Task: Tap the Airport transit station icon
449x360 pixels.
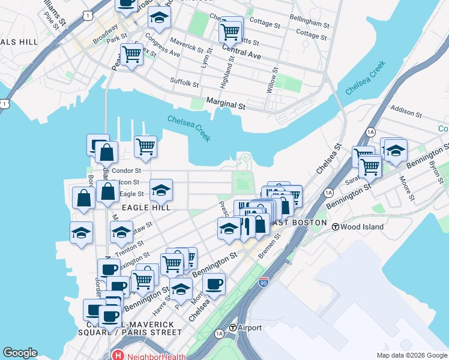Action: coord(233,328)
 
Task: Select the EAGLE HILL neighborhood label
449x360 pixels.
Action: coord(147,208)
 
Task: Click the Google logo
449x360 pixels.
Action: coord(20,353)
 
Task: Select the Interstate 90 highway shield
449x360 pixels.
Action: coord(264,281)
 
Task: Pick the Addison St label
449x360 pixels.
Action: coord(407,110)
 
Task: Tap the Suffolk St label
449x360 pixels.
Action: coord(184,81)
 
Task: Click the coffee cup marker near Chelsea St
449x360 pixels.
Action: coord(214,284)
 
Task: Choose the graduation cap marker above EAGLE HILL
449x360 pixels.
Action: coord(161,190)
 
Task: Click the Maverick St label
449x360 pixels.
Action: coord(186,46)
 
